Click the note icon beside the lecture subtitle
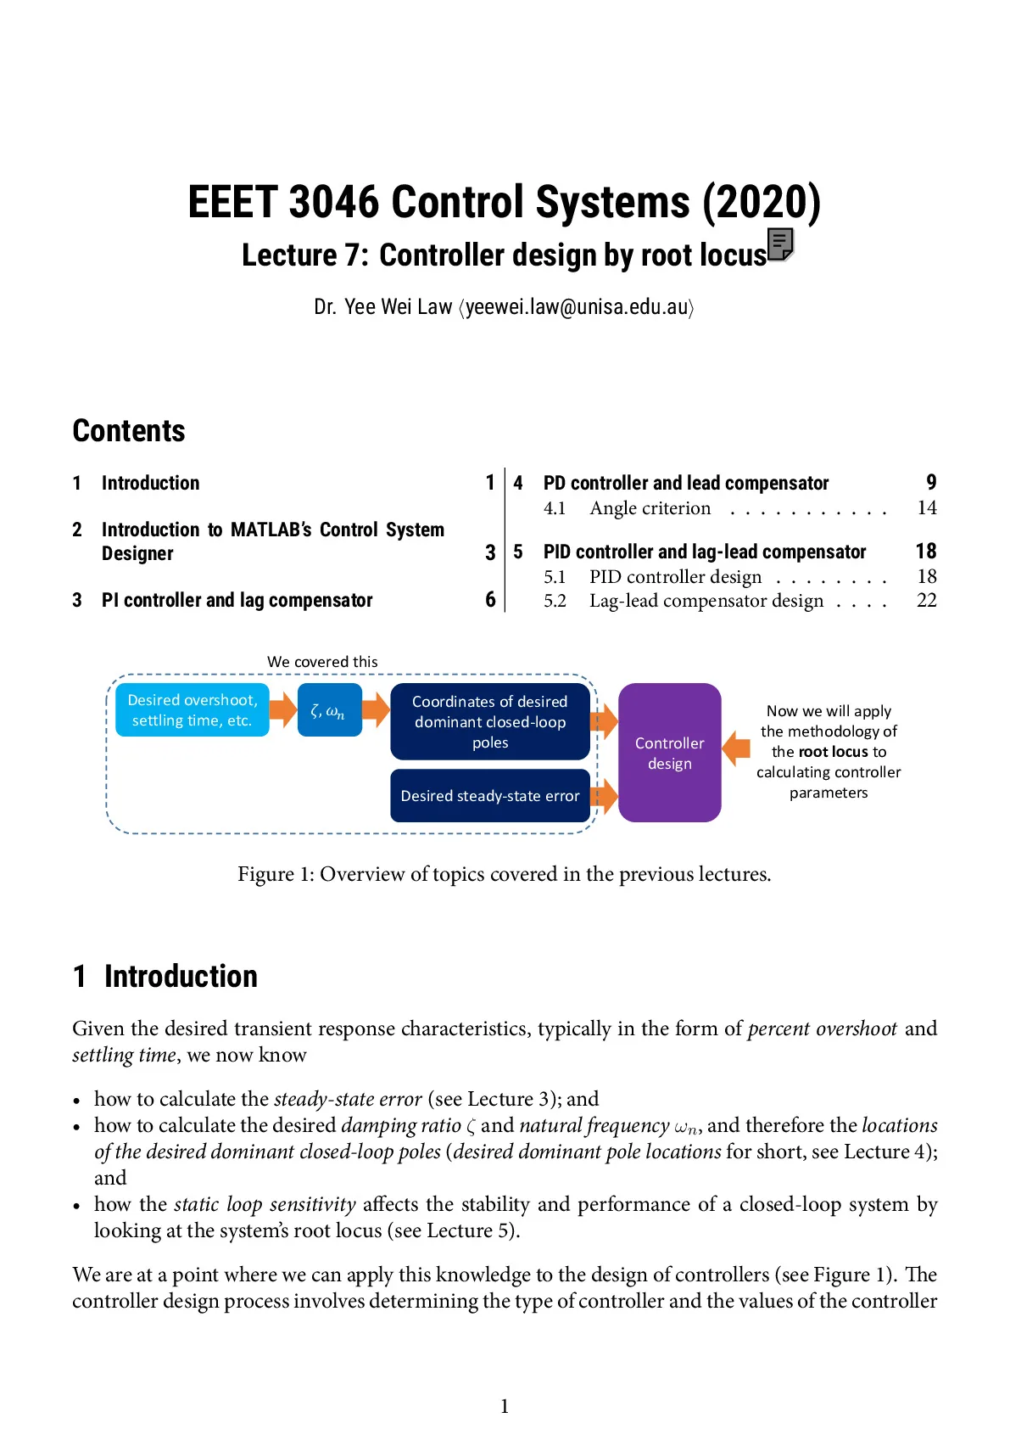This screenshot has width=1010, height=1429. (780, 244)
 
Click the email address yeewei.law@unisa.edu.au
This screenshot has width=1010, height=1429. (577, 307)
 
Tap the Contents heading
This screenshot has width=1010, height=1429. (129, 430)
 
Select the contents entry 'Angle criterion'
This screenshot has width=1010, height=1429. (650, 507)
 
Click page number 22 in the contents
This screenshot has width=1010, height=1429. (927, 600)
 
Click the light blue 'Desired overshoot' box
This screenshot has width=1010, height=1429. (192, 710)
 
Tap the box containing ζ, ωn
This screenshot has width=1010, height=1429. (329, 710)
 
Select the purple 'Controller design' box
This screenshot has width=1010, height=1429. (669, 753)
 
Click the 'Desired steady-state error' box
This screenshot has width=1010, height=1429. (489, 795)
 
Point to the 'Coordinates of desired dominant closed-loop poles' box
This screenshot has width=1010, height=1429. (489, 721)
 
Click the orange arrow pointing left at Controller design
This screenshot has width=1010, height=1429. (736, 748)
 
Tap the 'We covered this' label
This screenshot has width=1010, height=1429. (322, 662)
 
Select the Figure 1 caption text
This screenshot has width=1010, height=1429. (505, 874)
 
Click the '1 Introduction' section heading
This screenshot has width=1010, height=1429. (165, 976)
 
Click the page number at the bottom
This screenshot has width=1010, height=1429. (505, 1406)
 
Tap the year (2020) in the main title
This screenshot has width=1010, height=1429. (762, 202)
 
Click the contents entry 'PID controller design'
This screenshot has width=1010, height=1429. (675, 577)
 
